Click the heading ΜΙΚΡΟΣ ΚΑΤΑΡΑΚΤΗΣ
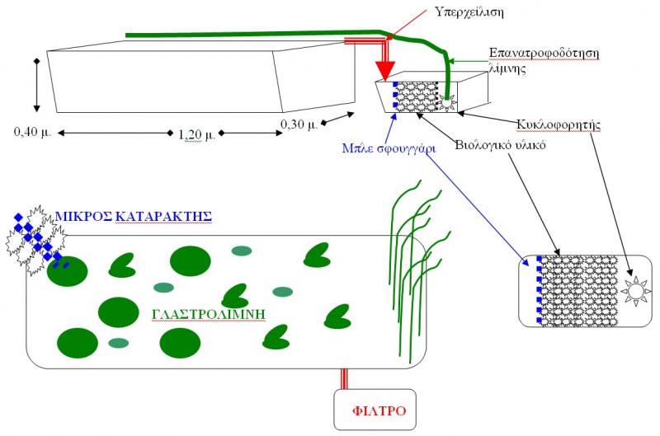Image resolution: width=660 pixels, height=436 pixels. click(134, 217)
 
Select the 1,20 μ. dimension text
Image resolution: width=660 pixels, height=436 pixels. click(196, 134)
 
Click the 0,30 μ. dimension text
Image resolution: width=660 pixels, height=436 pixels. click(299, 125)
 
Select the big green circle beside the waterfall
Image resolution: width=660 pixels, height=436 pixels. click(67, 272)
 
